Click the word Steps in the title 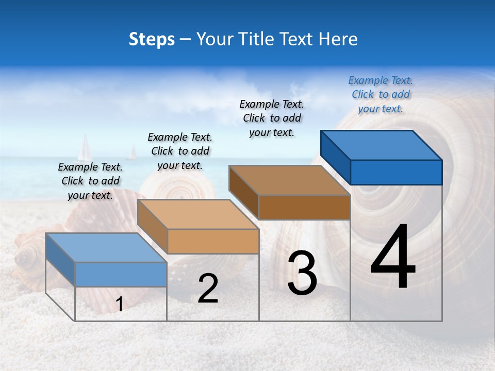pyautogui.click(x=152, y=39)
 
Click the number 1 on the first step pyautogui.click(x=120, y=305)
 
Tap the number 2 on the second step pyautogui.click(x=208, y=289)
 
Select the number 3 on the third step pyautogui.click(x=302, y=273)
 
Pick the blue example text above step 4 pyautogui.click(x=381, y=94)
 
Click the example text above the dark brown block pyautogui.click(x=272, y=118)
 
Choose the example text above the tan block pyautogui.click(x=180, y=151)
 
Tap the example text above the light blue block pyautogui.click(x=90, y=181)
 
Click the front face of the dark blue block pyautogui.click(x=396, y=172)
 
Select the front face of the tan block pyautogui.click(x=213, y=241)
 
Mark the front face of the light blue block pyautogui.click(x=121, y=274)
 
